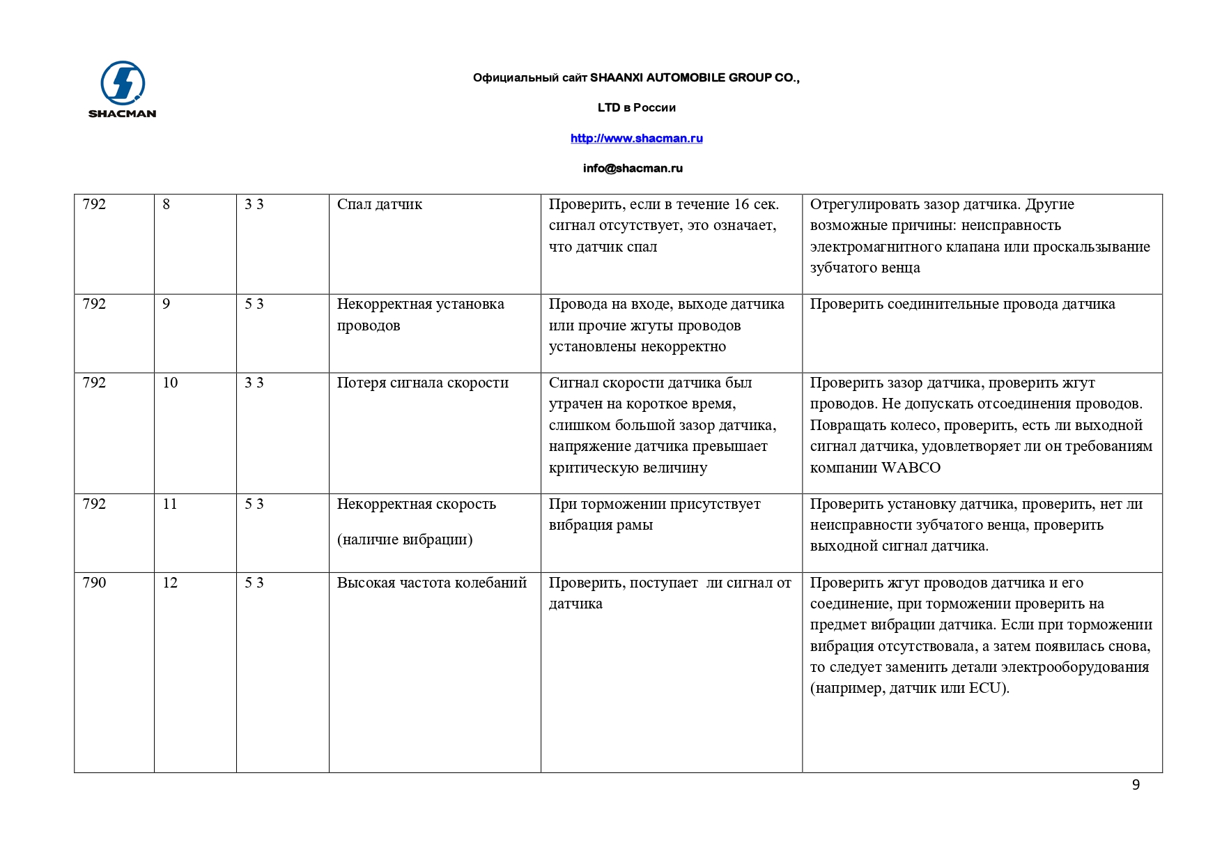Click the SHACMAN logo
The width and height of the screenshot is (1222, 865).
(123, 89)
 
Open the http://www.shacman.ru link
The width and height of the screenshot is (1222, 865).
(636, 138)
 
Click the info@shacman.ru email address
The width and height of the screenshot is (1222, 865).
(633, 168)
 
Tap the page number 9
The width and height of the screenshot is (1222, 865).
(1136, 785)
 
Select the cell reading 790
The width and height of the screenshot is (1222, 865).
(95, 583)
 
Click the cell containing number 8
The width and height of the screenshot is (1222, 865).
(167, 204)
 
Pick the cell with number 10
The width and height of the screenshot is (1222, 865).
(170, 383)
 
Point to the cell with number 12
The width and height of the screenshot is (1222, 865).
(170, 583)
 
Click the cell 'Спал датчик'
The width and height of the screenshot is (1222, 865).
(380, 204)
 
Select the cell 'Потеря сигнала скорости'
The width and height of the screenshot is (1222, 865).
(423, 383)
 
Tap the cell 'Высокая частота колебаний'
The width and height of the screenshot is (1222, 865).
(432, 583)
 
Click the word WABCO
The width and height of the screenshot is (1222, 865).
(911, 468)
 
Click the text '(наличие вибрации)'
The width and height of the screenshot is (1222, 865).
(405, 539)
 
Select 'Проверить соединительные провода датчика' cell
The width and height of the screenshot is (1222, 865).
(962, 304)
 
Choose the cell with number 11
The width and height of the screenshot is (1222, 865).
(170, 504)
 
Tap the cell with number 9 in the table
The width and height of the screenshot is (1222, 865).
(167, 304)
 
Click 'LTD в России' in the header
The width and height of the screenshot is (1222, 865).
(636, 107)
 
